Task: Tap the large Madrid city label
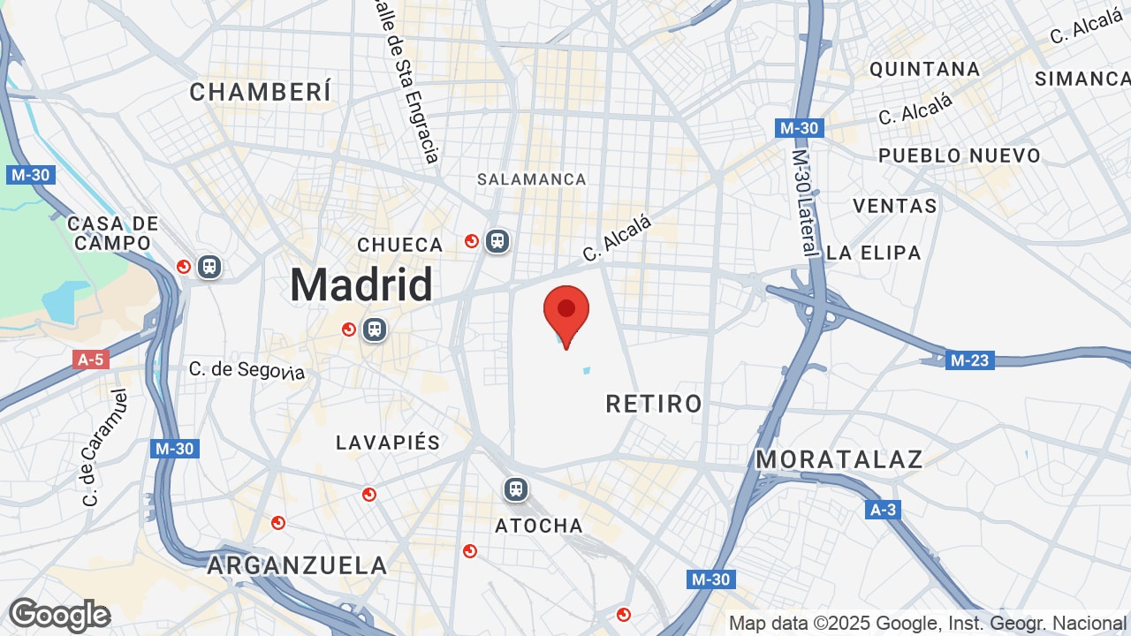[x=361, y=285]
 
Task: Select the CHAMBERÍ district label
[x=261, y=92]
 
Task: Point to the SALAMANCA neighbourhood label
[x=532, y=179]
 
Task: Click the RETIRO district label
[x=654, y=405]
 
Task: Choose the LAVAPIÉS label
[x=388, y=443]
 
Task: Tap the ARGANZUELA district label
[x=297, y=565]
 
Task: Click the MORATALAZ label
[x=839, y=459]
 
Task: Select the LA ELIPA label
[x=874, y=253]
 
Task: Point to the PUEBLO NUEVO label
[x=960, y=155]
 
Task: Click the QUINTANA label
[x=925, y=69]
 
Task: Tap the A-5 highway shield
[x=90, y=360]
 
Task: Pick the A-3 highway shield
[x=883, y=510]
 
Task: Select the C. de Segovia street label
[x=247, y=369]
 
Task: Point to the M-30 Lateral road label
[x=804, y=201]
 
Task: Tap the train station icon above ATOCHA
[x=515, y=488]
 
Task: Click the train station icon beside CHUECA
[x=497, y=240]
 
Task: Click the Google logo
[x=59, y=615]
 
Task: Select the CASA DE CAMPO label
[x=113, y=233]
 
